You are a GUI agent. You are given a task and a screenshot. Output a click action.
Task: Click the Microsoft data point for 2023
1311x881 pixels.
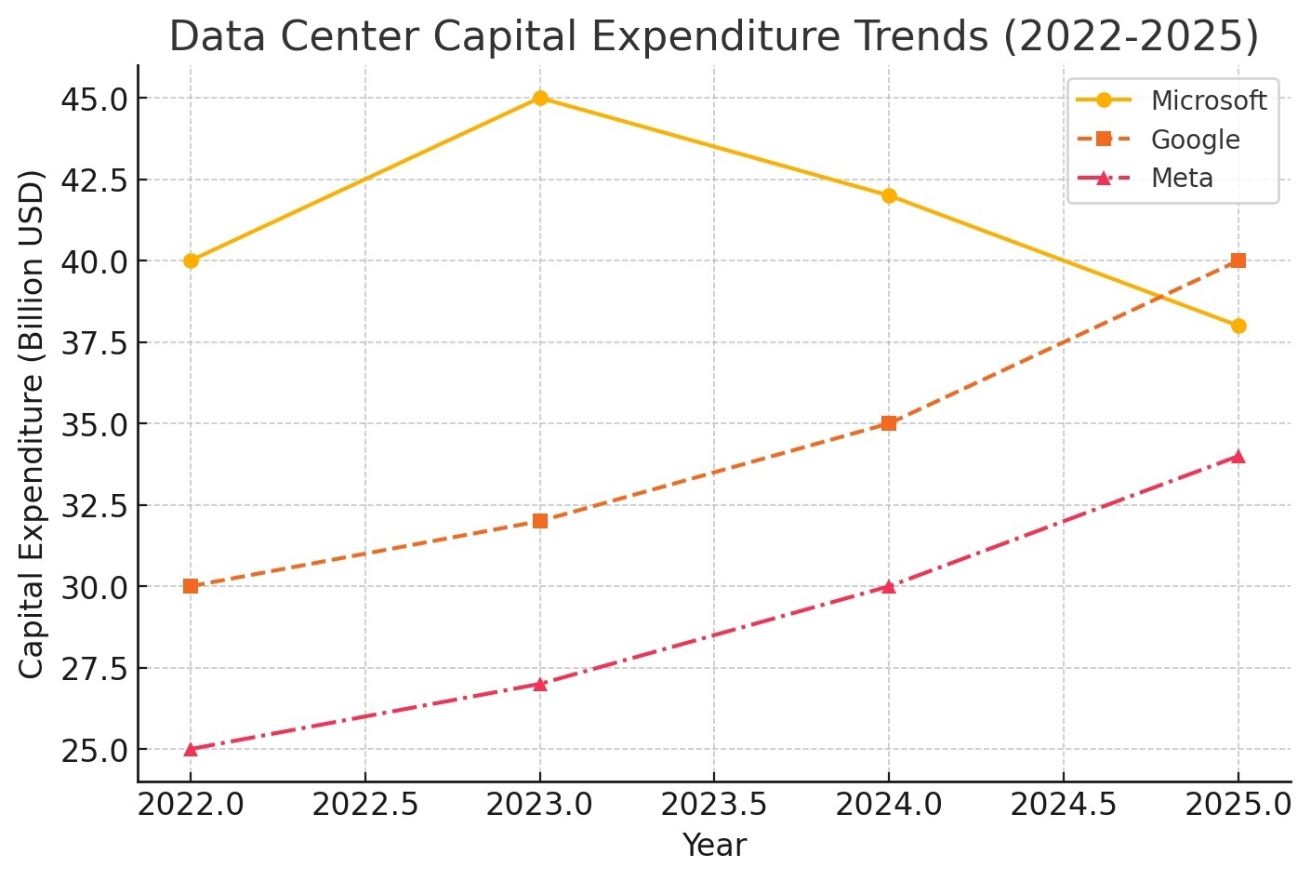[x=540, y=98]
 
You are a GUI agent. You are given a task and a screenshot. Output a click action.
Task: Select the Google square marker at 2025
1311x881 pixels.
[x=1238, y=260]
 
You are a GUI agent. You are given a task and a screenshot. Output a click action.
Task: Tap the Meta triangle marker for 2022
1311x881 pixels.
[x=191, y=749]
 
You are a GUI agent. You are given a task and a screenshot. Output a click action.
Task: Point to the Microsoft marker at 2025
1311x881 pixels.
[x=1238, y=326]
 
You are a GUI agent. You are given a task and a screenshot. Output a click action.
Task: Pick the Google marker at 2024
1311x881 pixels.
[x=889, y=423]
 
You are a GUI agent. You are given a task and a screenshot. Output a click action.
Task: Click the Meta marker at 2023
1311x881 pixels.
[x=540, y=684]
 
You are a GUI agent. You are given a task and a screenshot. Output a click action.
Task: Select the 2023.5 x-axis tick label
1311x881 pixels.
[x=714, y=804]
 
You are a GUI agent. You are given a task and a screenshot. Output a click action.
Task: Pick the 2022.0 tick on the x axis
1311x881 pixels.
[x=191, y=804]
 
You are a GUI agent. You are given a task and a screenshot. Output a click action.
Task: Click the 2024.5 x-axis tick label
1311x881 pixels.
[x=1063, y=804]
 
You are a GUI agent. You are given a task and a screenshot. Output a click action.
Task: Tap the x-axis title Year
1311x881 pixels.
[x=714, y=846]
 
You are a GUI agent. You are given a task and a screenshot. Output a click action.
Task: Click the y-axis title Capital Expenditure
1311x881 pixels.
[x=32, y=423]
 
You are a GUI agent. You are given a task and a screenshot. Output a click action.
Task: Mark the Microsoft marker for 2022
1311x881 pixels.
[x=191, y=260]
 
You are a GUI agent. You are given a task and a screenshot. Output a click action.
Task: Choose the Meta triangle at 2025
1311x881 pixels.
[x=1238, y=456]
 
